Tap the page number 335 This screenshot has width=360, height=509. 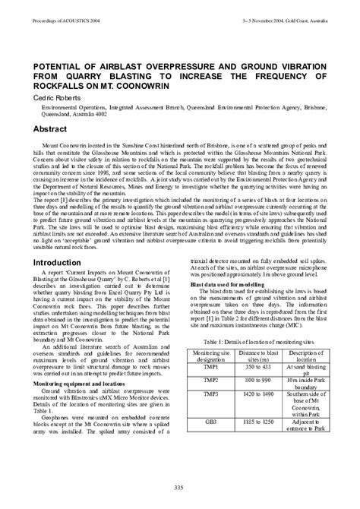tap(180, 486)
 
